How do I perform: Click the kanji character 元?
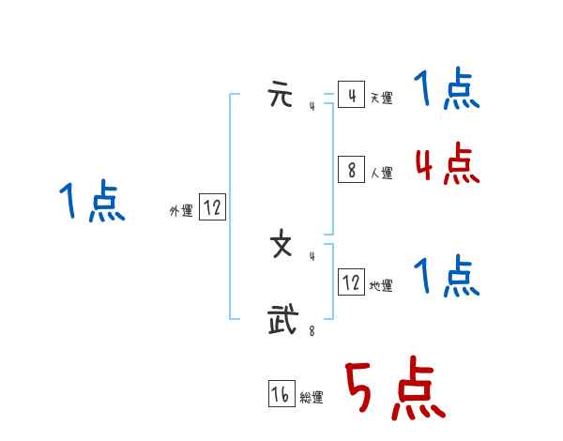click(x=280, y=97)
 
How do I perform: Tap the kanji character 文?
click(x=281, y=246)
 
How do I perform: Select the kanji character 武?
click(x=281, y=319)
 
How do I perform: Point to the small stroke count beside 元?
click(x=312, y=107)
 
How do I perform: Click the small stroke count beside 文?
click(x=312, y=256)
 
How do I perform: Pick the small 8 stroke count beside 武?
click(x=312, y=329)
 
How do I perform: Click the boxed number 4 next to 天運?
click(x=351, y=96)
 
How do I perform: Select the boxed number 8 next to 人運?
click(x=351, y=170)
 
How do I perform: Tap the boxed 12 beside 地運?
click(x=351, y=281)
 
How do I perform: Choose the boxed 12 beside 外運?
click(x=212, y=208)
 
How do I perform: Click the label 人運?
click(x=381, y=173)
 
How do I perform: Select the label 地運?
click(x=381, y=285)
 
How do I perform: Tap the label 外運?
click(x=181, y=212)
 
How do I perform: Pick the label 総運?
click(x=312, y=398)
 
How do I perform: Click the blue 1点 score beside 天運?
click(x=447, y=90)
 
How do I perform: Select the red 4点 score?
click(x=447, y=165)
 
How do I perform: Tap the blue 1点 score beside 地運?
click(x=447, y=277)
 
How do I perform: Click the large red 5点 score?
click(x=394, y=389)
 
